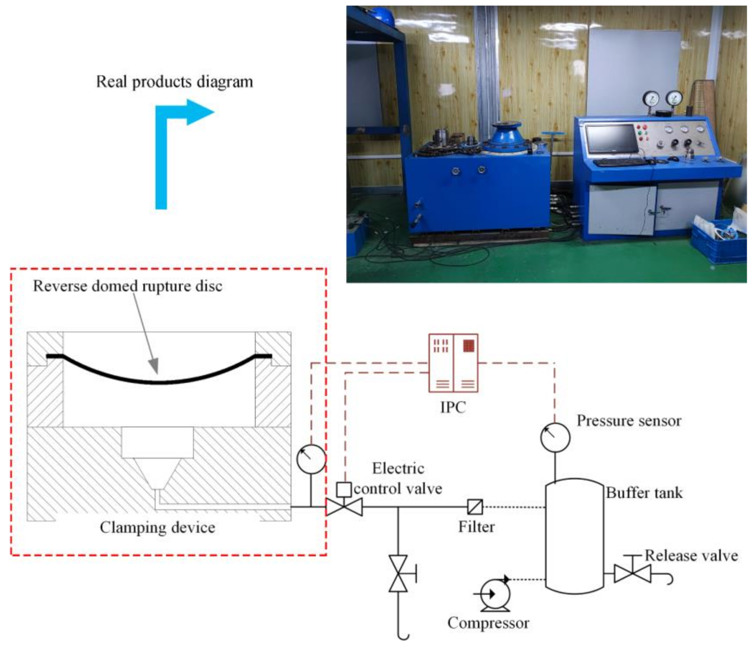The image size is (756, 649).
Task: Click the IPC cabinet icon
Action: (453, 363)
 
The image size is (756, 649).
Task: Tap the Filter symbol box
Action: (475, 506)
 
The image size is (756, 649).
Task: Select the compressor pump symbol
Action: (495, 593)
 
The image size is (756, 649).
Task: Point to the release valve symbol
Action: (632, 574)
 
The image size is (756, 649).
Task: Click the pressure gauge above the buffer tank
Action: (555, 437)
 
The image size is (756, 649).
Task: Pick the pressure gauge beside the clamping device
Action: (311, 459)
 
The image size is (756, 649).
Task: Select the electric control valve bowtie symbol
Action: (344, 507)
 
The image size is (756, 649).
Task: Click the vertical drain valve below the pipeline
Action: (398, 574)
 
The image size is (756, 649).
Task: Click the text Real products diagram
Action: (174, 82)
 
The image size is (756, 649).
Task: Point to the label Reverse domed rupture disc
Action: (127, 286)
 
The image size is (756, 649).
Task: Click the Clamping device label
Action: (157, 527)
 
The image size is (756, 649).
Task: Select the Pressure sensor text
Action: (629, 421)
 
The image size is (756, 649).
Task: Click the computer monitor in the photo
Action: (611, 139)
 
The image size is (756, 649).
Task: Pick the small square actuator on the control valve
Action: (344, 489)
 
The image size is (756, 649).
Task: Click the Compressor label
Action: (488, 623)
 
